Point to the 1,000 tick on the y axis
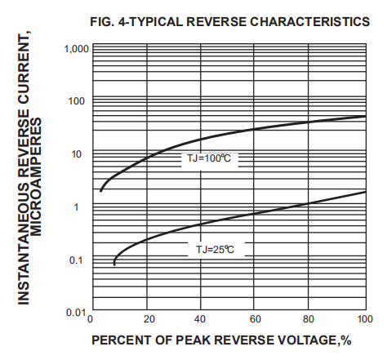tap(74, 49)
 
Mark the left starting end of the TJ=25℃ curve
tap(114, 264)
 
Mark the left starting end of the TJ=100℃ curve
tap(100, 191)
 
